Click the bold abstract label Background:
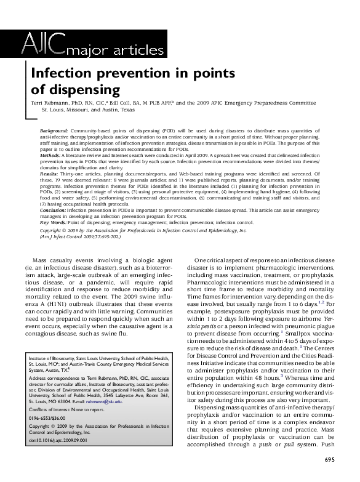(54, 131)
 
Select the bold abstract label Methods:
(50, 156)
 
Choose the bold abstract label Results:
(49, 174)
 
